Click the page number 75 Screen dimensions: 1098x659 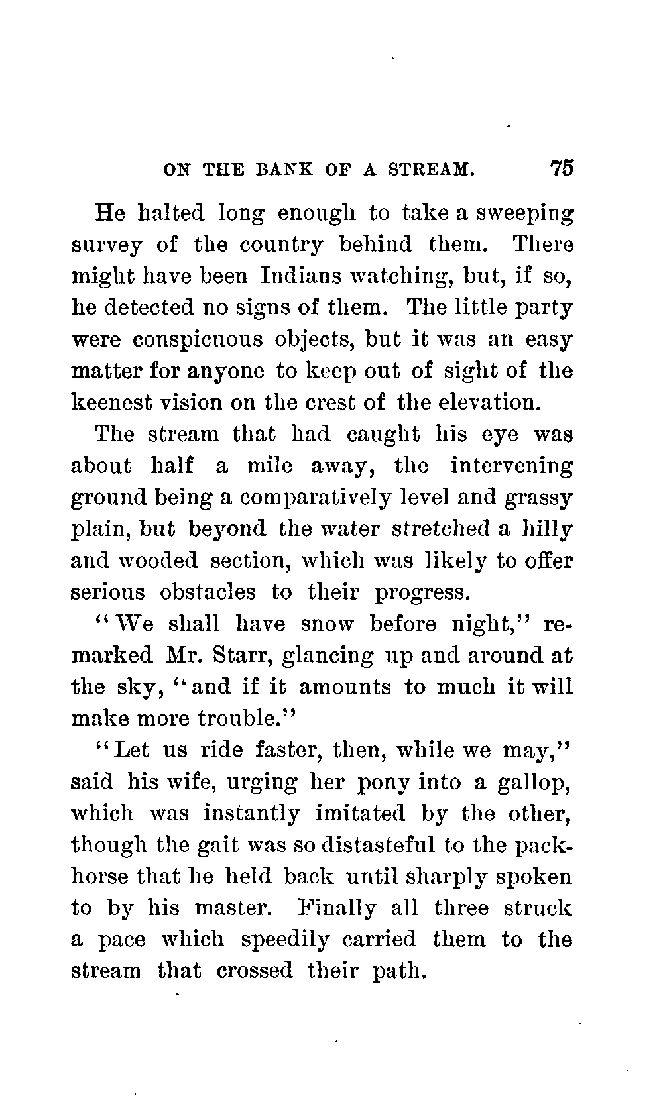560,168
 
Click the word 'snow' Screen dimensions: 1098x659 327,624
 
